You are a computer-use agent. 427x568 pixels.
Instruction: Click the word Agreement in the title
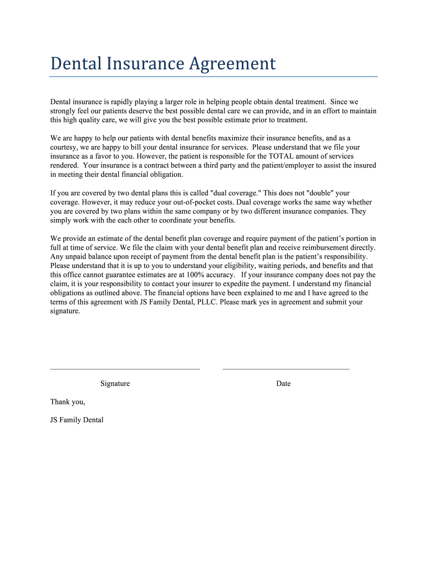point(232,64)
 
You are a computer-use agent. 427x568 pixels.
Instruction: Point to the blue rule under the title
point(213,77)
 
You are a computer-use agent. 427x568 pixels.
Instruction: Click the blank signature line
point(125,368)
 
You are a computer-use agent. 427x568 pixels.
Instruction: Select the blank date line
point(286,368)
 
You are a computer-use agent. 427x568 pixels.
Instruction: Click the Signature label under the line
point(115,383)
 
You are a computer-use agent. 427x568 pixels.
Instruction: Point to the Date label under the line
point(283,383)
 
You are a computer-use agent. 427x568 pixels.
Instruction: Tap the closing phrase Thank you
point(68,402)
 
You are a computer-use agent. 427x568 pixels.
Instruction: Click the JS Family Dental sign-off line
point(77,420)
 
